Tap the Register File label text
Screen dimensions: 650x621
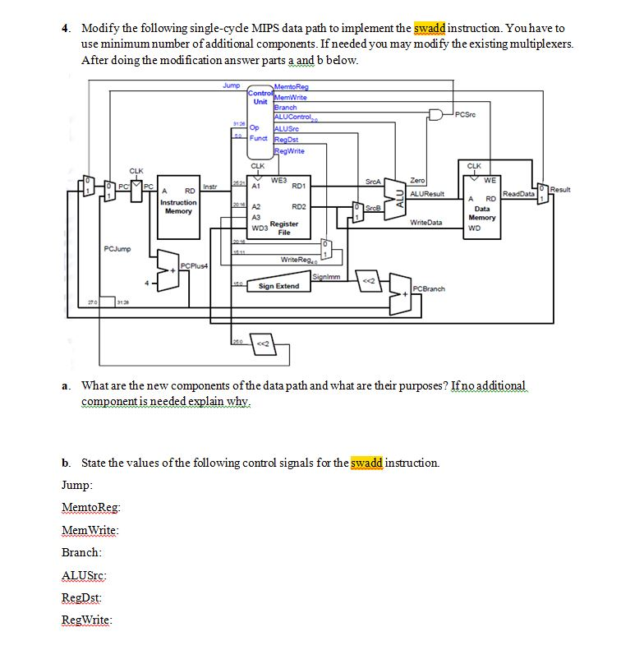tap(283, 228)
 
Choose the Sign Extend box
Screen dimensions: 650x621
tap(278, 286)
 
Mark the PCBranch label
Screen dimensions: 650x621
tap(429, 288)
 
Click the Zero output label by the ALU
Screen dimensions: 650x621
tap(417, 180)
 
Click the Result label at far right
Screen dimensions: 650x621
tap(561, 190)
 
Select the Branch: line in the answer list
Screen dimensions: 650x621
tap(82, 553)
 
